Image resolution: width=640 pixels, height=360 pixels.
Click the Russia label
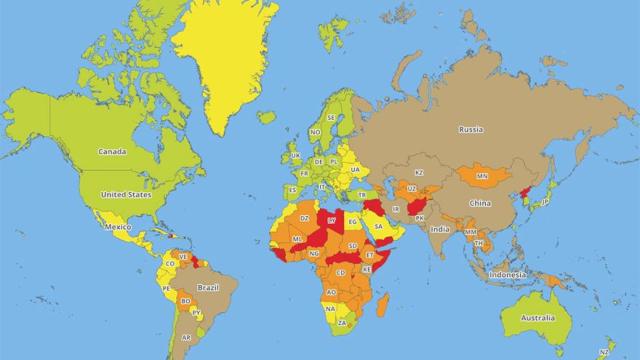471,130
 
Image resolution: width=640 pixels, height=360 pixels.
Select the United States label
126,195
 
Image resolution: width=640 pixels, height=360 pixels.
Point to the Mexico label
120,229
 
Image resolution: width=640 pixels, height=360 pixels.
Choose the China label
480,204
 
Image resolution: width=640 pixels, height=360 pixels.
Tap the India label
439,229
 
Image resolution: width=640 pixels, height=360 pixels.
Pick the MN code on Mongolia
481,177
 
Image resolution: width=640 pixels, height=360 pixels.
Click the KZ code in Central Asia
419,172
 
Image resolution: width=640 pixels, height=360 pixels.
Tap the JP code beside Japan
546,203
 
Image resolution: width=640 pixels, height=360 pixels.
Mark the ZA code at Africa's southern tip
342,323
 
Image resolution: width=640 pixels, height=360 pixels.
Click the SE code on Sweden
330,118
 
